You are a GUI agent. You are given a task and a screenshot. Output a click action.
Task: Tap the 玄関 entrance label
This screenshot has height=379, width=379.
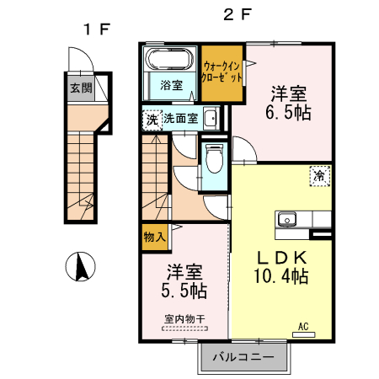pos(81,87)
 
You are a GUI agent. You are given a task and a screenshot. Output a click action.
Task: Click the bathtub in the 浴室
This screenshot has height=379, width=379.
pos(170,61)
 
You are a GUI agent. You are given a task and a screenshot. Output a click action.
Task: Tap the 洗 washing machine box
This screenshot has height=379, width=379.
pos(152,119)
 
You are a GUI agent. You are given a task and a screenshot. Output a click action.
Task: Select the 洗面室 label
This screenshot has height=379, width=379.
pos(180,119)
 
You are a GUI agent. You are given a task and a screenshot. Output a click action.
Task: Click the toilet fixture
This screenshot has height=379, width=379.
pos(213,157)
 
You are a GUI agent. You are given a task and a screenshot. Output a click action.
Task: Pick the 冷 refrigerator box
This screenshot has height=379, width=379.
pos(321,176)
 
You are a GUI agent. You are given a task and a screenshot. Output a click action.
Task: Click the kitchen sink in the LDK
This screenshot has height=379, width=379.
pos(288,220)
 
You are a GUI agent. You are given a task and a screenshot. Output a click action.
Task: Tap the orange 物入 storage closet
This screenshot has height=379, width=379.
pos(152,238)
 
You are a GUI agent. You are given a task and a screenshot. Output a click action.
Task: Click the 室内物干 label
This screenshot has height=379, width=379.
pos(184,319)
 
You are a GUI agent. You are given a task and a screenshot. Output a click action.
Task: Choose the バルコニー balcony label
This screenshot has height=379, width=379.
pos(243,357)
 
